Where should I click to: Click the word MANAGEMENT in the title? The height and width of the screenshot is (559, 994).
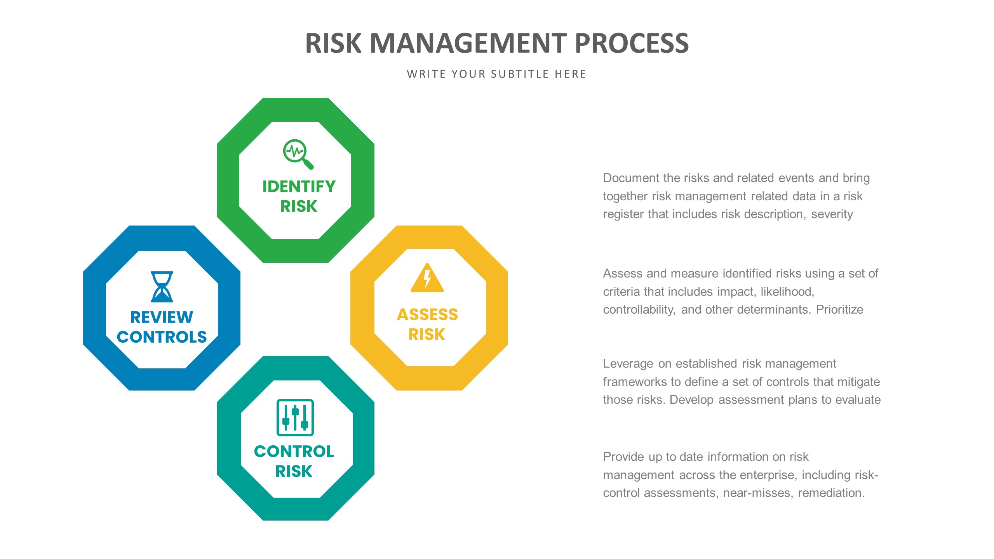tap(469, 43)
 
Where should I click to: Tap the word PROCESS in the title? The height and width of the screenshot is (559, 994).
tap(631, 43)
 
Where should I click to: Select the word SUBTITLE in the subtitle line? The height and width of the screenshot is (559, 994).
tap(519, 74)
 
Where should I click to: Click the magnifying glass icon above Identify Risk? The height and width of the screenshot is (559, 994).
tap(298, 154)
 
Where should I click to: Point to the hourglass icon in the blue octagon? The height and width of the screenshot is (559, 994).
tap(162, 286)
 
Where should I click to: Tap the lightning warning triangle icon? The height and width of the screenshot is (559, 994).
tap(427, 278)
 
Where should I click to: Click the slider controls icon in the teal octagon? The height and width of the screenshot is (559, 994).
tap(295, 417)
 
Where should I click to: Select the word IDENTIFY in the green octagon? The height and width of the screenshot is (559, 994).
tap(299, 186)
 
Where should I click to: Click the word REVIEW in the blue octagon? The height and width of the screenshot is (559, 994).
tap(162, 317)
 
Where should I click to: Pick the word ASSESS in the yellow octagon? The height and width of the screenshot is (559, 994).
tap(427, 314)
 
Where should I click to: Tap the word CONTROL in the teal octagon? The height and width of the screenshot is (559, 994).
tap(294, 451)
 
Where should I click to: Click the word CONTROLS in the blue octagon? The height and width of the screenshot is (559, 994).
tap(162, 337)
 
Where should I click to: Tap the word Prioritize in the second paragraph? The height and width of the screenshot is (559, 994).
tap(839, 309)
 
